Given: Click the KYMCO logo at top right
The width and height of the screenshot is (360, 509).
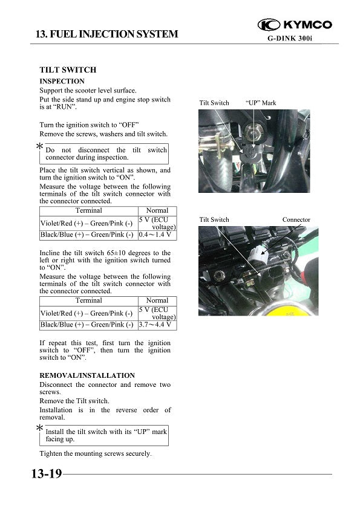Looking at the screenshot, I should click(295, 25).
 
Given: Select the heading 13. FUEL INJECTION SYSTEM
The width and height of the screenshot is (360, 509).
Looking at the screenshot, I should click(107, 34).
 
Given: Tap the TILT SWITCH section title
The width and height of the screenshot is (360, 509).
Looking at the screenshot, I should click(68, 70).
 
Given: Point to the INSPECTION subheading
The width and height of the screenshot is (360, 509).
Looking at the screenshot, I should click(62, 81).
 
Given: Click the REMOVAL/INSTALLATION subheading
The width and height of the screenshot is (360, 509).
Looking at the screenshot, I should click(87, 375).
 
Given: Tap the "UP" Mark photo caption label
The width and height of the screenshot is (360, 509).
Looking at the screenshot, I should click(261, 103).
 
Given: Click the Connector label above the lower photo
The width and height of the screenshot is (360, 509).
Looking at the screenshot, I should click(296, 219).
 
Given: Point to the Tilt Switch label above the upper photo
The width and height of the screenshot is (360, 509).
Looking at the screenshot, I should click(214, 103).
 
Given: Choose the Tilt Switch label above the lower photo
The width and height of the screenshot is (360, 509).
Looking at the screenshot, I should click(214, 219).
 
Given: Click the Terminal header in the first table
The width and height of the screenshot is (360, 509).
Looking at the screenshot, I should click(88, 210).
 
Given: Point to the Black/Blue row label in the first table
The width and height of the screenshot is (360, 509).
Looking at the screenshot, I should click(87, 235).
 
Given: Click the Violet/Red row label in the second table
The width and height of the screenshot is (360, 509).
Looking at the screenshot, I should click(87, 313).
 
